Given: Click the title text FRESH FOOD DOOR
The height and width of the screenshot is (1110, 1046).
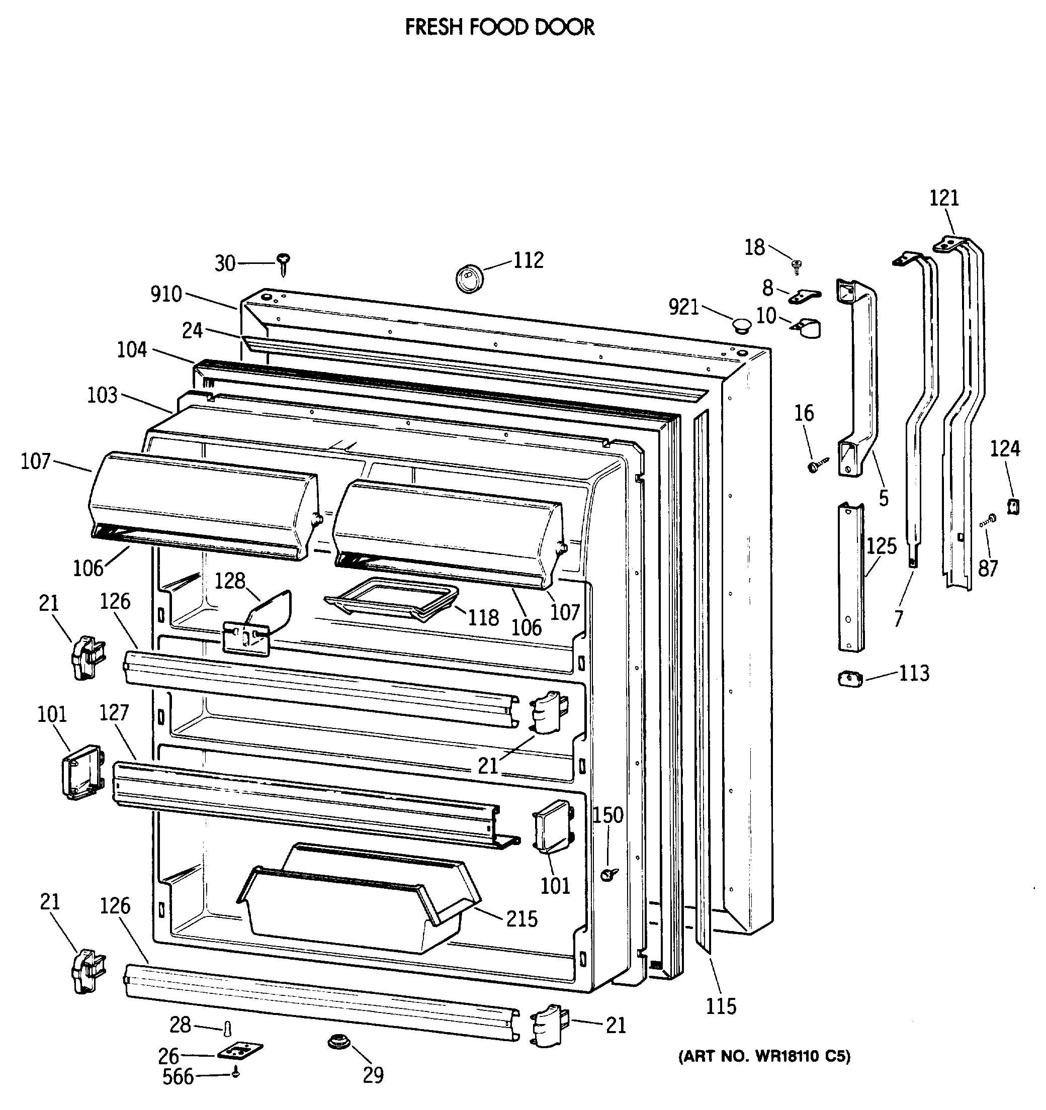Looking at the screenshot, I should pos(500,27).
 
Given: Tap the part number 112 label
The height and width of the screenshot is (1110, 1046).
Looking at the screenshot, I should pos(529,260).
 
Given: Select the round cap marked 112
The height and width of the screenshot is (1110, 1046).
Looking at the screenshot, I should pos(470,279).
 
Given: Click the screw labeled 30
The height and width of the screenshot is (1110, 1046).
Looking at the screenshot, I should pos(284,263).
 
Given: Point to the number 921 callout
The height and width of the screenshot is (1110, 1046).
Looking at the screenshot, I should pos(683,307).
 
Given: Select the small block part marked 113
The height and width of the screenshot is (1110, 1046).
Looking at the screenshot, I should pos(850,680).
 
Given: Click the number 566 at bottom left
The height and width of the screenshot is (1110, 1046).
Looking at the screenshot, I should pos(178,1076).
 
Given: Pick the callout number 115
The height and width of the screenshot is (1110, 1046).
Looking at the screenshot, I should pos(721,1006).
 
